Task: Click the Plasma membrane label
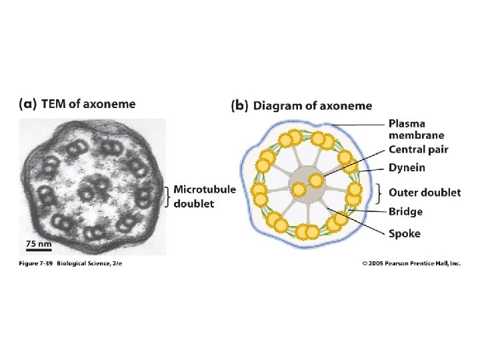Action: [417, 129]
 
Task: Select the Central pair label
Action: [419, 149]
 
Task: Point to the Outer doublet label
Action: [425, 193]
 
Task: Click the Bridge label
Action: [405, 212]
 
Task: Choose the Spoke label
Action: [405, 233]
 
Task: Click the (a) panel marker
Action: [27, 104]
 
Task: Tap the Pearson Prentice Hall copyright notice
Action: [411, 264]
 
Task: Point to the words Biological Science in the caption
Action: [91, 264]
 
